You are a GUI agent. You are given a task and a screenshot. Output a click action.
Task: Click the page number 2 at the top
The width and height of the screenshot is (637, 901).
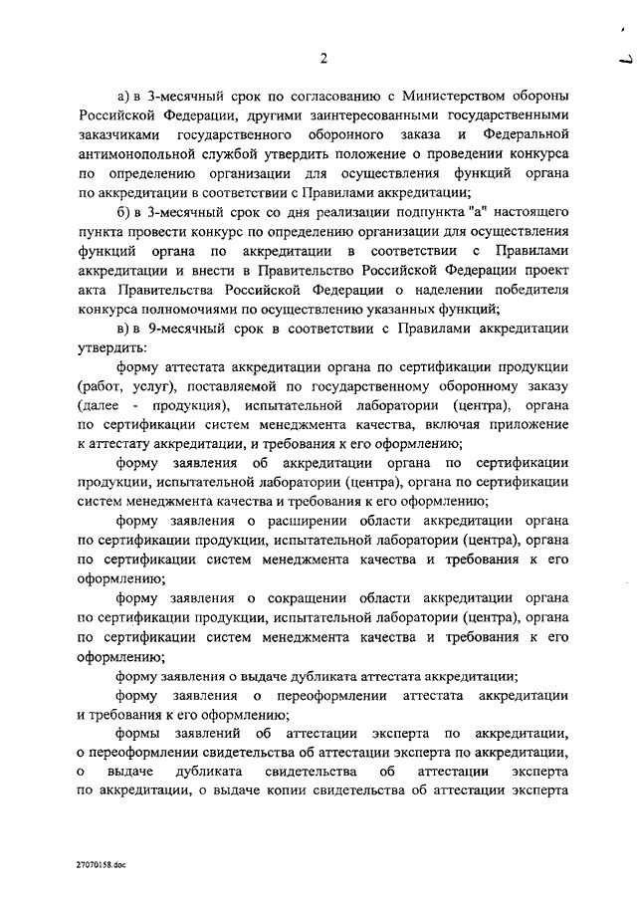point(323,58)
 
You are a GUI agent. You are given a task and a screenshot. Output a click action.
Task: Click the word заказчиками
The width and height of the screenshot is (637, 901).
point(117,134)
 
